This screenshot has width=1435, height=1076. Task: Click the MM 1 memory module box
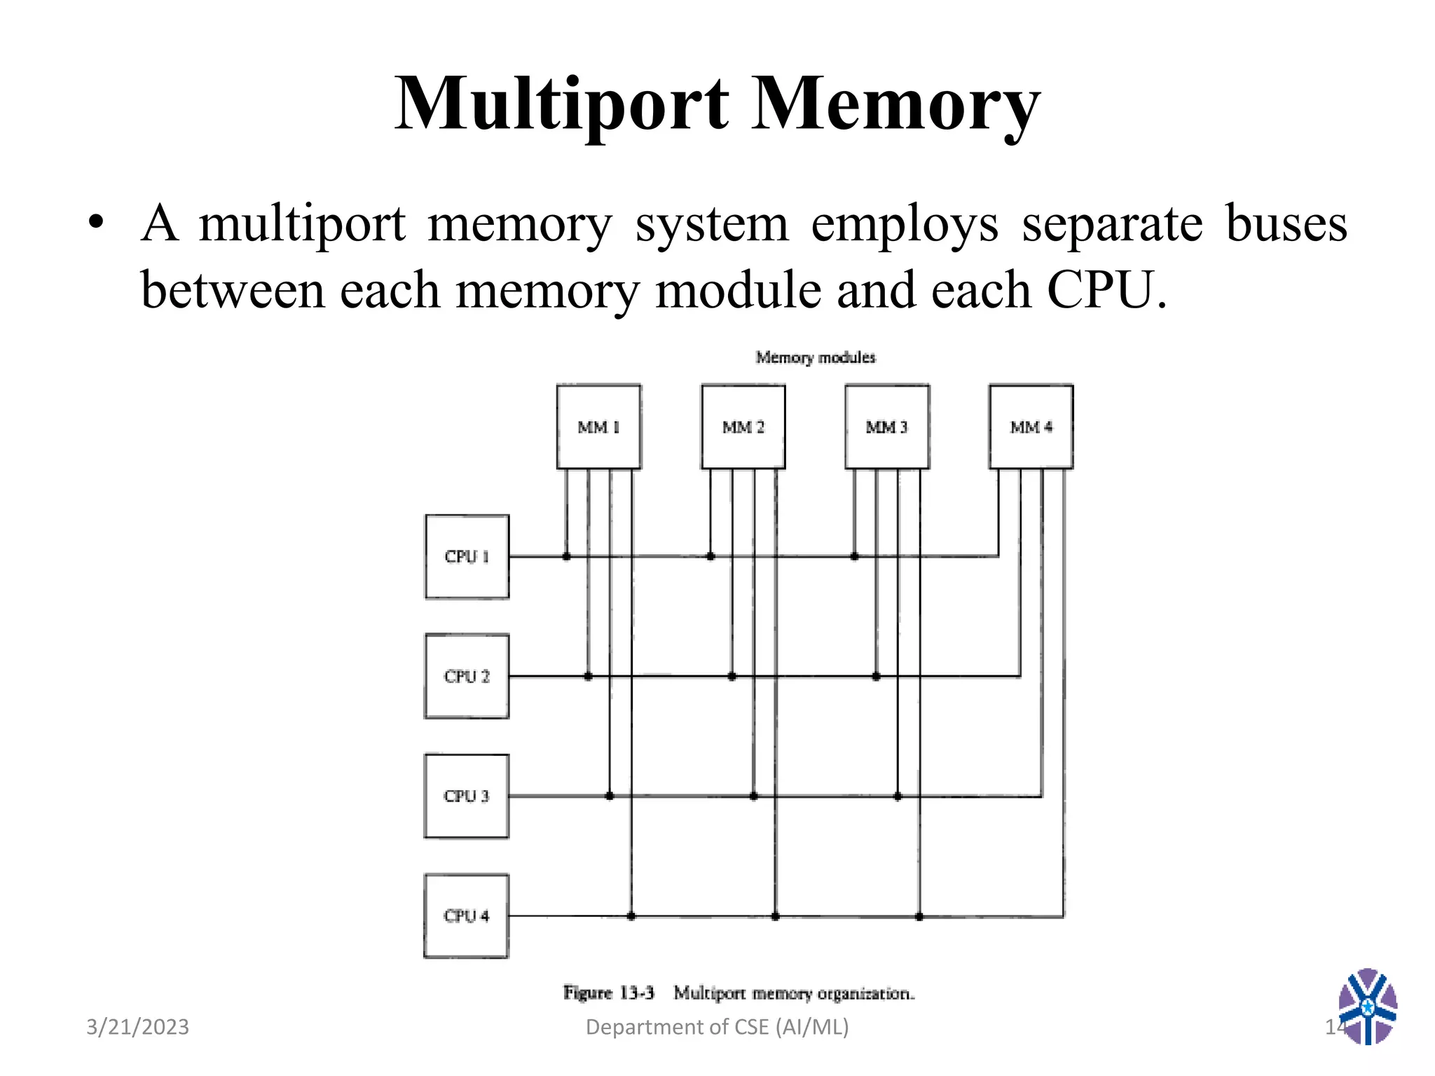click(x=598, y=427)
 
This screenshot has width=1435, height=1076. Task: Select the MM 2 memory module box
click(x=743, y=427)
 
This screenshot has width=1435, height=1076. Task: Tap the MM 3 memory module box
click(x=887, y=427)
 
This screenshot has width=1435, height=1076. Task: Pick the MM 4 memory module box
click(x=1031, y=427)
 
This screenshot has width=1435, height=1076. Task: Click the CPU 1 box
click(x=467, y=557)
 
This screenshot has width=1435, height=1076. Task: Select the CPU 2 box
click(x=467, y=677)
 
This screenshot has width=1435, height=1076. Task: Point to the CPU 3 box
click(x=467, y=796)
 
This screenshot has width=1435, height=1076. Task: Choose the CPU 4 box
click(x=467, y=916)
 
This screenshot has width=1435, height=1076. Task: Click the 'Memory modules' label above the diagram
click(x=816, y=358)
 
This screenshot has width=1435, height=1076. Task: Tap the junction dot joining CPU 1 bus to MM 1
click(x=566, y=557)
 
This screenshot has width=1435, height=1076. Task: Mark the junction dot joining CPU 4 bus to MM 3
click(x=919, y=916)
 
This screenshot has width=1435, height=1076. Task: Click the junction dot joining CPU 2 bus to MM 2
click(x=732, y=677)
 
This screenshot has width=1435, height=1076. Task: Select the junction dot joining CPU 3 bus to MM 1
click(x=610, y=796)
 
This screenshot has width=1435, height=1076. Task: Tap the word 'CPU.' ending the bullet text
click(x=1106, y=290)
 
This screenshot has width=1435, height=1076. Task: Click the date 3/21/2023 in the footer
click(x=137, y=1027)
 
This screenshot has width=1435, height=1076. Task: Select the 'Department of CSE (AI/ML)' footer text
click(x=717, y=1027)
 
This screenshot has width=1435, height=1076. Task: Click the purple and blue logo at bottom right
click(x=1367, y=1006)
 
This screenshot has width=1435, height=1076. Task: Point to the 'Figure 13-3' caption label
click(x=608, y=993)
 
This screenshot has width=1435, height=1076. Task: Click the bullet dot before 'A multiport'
click(x=96, y=224)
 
